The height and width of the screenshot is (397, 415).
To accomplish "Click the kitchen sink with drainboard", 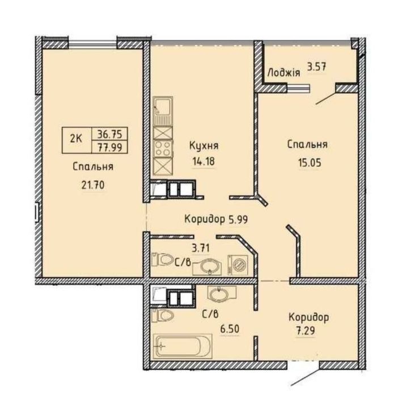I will click(163, 111).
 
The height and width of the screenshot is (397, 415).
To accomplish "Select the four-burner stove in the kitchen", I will click(163, 148).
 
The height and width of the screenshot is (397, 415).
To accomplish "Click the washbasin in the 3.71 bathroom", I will click(209, 266).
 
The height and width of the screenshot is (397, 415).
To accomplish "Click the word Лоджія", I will click(284, 72).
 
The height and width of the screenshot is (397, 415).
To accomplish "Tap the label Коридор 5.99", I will click(217, 218).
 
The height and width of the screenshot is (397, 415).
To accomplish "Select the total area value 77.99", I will click(108, 147).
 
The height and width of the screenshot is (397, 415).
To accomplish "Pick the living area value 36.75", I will click(108, 134).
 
